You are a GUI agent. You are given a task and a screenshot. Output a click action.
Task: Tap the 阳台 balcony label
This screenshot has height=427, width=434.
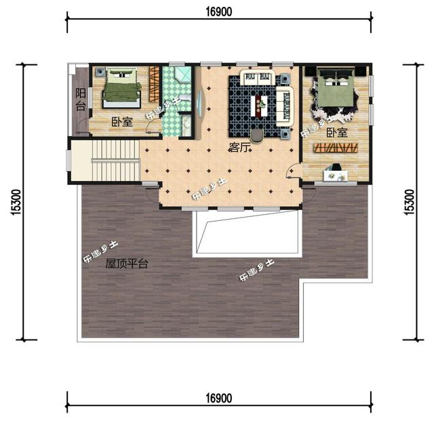point(81,99)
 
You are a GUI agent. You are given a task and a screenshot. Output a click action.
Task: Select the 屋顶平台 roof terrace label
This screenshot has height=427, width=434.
point(126,264)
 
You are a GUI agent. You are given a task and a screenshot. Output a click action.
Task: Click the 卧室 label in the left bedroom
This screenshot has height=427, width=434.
point(122,121)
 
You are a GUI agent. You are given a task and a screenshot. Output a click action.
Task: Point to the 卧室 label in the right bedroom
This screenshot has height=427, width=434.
point(337,133)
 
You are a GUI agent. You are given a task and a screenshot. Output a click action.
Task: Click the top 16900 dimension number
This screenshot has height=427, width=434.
point(218,12)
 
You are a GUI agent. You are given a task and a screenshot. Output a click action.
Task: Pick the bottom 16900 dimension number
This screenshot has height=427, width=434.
point(218,399)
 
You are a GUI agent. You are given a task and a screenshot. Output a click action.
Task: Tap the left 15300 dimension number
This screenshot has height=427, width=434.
point(16,202)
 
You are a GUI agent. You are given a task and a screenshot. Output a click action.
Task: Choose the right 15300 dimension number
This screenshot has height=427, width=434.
point(410,202)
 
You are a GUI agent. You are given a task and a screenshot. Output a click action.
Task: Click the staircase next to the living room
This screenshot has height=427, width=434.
point(106,160)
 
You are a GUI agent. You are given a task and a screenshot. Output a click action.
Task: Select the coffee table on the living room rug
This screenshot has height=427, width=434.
point(259,106)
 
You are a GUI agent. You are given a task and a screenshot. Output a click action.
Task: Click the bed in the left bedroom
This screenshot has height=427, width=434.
point(122,88)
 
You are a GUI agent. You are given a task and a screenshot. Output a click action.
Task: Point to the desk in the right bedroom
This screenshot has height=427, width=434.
point(336,176)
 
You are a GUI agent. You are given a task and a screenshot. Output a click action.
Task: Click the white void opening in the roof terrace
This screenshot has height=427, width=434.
point(246,233)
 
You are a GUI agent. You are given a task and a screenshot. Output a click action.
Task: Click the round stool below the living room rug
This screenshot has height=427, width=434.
point(257,136)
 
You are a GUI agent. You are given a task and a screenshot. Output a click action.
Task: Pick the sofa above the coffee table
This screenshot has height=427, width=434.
point(258,78)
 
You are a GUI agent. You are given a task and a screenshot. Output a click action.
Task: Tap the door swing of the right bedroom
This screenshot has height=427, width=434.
point(293,169)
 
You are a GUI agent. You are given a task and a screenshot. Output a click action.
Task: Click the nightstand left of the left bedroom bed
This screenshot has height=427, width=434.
point(100,72)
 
